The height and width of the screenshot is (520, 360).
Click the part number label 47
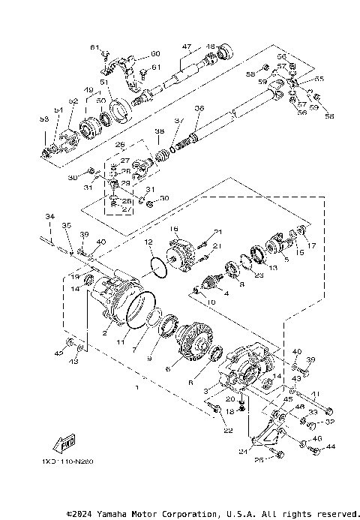point(187,46)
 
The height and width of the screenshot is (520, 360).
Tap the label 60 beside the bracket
point(155,53)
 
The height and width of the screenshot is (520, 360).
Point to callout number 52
point(73,100)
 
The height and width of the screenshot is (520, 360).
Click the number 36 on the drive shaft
point(198,108)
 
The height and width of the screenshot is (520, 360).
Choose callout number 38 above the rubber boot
point(159,131)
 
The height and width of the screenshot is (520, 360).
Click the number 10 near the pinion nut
point(211,301)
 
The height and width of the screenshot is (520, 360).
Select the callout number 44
point(331,446)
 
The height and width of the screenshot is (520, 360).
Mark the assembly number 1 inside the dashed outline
point(136,389)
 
